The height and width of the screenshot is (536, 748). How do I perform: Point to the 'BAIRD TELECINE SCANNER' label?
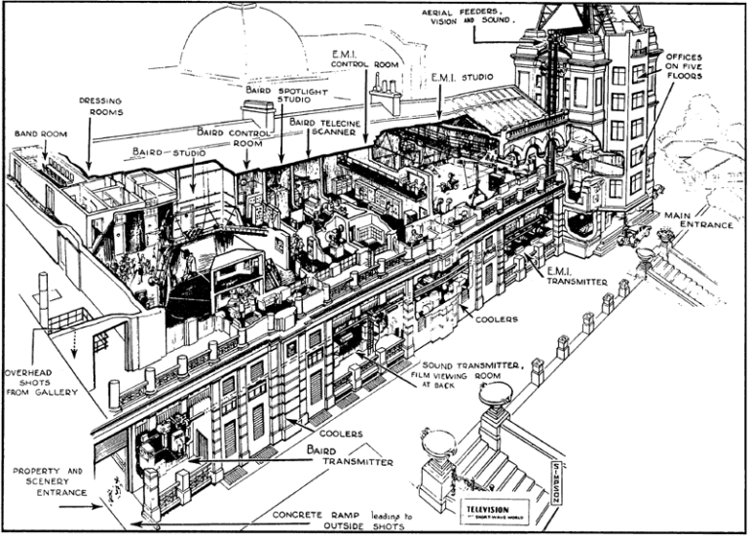pyautogui.click(x=322, y=129)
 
